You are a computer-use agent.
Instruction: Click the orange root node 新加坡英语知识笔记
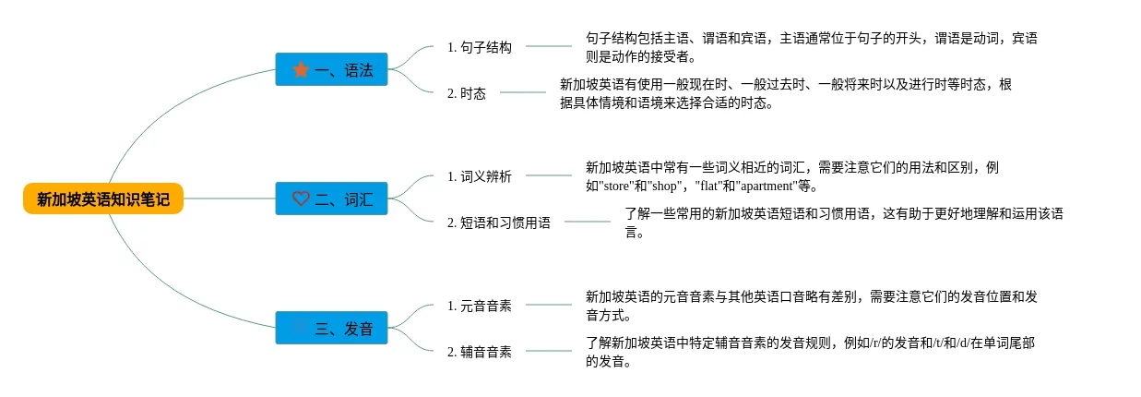point(103,198)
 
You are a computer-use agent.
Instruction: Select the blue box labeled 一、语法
point(332,69)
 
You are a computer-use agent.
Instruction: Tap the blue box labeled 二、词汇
point(332,198)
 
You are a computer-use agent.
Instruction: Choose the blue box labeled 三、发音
point(332,328)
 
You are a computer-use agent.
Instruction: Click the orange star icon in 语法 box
point(301,69)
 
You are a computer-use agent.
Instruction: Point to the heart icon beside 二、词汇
point(301,198)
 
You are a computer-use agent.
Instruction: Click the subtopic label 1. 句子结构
point(480,47)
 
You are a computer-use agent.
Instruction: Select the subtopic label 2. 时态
point(467,93)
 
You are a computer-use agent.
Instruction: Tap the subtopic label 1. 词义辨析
point(480,176)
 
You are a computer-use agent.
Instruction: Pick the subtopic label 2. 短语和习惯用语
point(499,223)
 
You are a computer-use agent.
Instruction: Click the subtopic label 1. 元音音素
point(480,306)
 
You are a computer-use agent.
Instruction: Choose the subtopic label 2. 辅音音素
point(480,352)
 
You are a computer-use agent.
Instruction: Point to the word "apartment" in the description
point(767,186)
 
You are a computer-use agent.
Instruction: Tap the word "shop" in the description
point(664,186)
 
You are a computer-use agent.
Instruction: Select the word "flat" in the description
point(708,186)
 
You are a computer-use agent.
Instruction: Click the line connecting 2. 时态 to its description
point(523,92)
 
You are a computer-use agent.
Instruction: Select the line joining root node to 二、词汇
point(230,198)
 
